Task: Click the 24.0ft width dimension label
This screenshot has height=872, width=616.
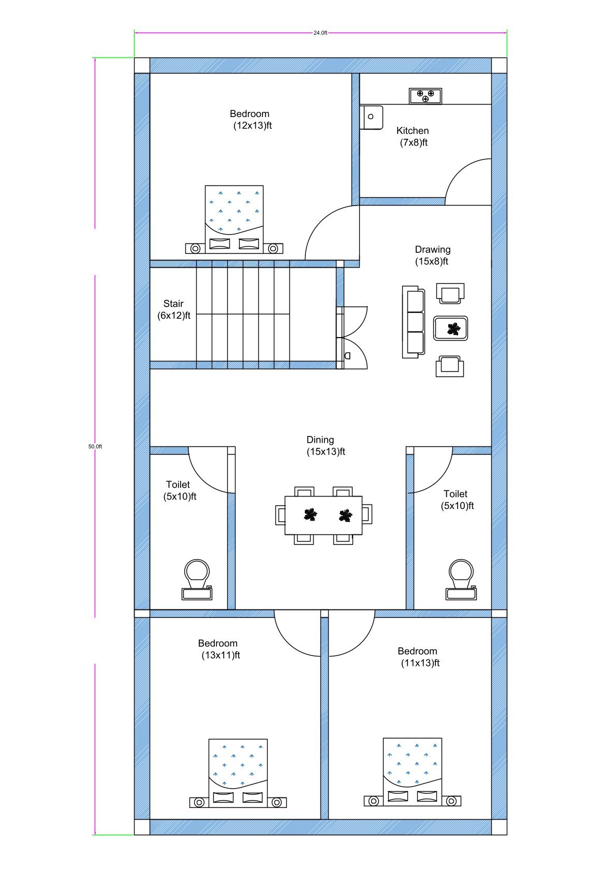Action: click(320, 33)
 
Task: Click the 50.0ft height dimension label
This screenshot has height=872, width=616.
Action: click(95, 446)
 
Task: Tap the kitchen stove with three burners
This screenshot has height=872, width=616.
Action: click(426, 96)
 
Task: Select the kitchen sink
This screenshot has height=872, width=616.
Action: click(371, 118)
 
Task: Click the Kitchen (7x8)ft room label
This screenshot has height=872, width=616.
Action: click(413, 137)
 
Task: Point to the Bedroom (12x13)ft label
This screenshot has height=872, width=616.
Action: click(251, 120)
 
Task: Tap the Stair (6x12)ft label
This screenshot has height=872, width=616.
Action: click(173, 310)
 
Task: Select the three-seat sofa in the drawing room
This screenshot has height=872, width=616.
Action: click(413, 322)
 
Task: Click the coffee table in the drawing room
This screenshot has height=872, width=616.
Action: click(451, 328)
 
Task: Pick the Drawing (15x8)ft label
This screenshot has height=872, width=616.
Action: click(432, 255)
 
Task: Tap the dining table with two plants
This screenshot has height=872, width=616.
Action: click(324, 515)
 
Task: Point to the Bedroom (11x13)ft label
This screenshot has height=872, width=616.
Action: click(418, 657)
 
